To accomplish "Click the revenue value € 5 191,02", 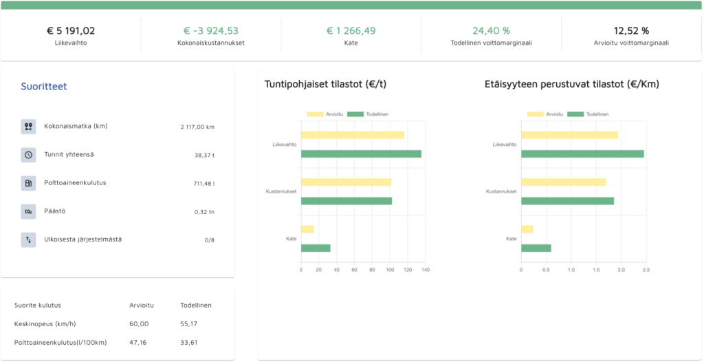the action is [x=71, y=31].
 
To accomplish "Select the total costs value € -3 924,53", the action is [x=211, y=31].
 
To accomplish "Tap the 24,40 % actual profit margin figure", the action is [x=491, y=31].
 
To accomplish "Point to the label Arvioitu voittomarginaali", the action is [x=631, y=43].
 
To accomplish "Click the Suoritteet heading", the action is [x=44, y=86].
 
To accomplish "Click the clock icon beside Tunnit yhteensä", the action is [x=28, y=155].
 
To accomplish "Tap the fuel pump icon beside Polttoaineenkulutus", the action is [x=28, y=183].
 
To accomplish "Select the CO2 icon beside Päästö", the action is [x=28, y=211].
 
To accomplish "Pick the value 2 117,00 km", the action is [x=197, y=127].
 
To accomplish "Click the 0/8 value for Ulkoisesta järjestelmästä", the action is [x=210, y=240].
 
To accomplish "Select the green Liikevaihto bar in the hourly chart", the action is [x=361, y=153].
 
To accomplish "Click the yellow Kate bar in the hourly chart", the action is [x=307, y=229].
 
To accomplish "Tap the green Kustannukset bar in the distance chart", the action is [x=567, y=201].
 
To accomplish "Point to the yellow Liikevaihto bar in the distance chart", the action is [x=570, y=135].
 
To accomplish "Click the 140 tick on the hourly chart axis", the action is [x=425, y=270].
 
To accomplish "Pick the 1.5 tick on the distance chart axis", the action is [x=596, y=270].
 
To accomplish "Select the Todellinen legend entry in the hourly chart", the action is [x=368, y=114].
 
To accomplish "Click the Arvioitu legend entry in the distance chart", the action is [x=545, y=114].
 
